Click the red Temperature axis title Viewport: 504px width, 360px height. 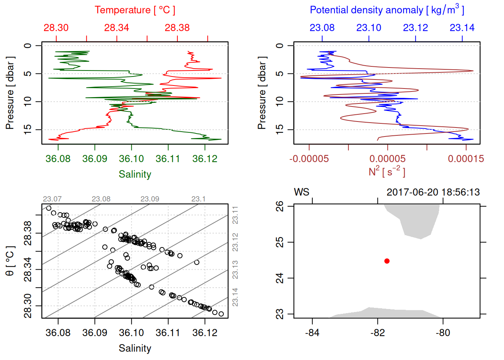pos(135,10)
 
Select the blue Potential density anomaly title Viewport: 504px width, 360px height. pos(387,10)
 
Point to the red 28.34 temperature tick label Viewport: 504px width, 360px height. pos(117,28)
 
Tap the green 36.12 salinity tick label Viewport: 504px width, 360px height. pos(205,159)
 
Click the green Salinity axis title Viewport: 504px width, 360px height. pos(135,174)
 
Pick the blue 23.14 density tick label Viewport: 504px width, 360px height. pos(462,28)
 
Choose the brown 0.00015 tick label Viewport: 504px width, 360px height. pos(466,159)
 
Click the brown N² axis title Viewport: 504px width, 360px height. pos(387,172)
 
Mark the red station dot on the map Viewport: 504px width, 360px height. pos(387,261)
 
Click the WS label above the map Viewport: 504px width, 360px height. pos(301,192)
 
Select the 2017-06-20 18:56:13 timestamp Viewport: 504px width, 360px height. pos(433,192)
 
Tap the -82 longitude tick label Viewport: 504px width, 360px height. pos(378,333)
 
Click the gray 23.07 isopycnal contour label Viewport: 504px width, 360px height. pos(52,199)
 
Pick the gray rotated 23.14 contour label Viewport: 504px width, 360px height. pos(235,297)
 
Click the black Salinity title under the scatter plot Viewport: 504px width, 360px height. pos(135,348)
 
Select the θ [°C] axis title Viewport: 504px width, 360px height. pos(10,261)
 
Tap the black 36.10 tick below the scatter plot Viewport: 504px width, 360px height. pos(131,333)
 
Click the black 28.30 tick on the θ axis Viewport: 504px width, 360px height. pos(28,306)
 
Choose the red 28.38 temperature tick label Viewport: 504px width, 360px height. pos(177,28)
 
